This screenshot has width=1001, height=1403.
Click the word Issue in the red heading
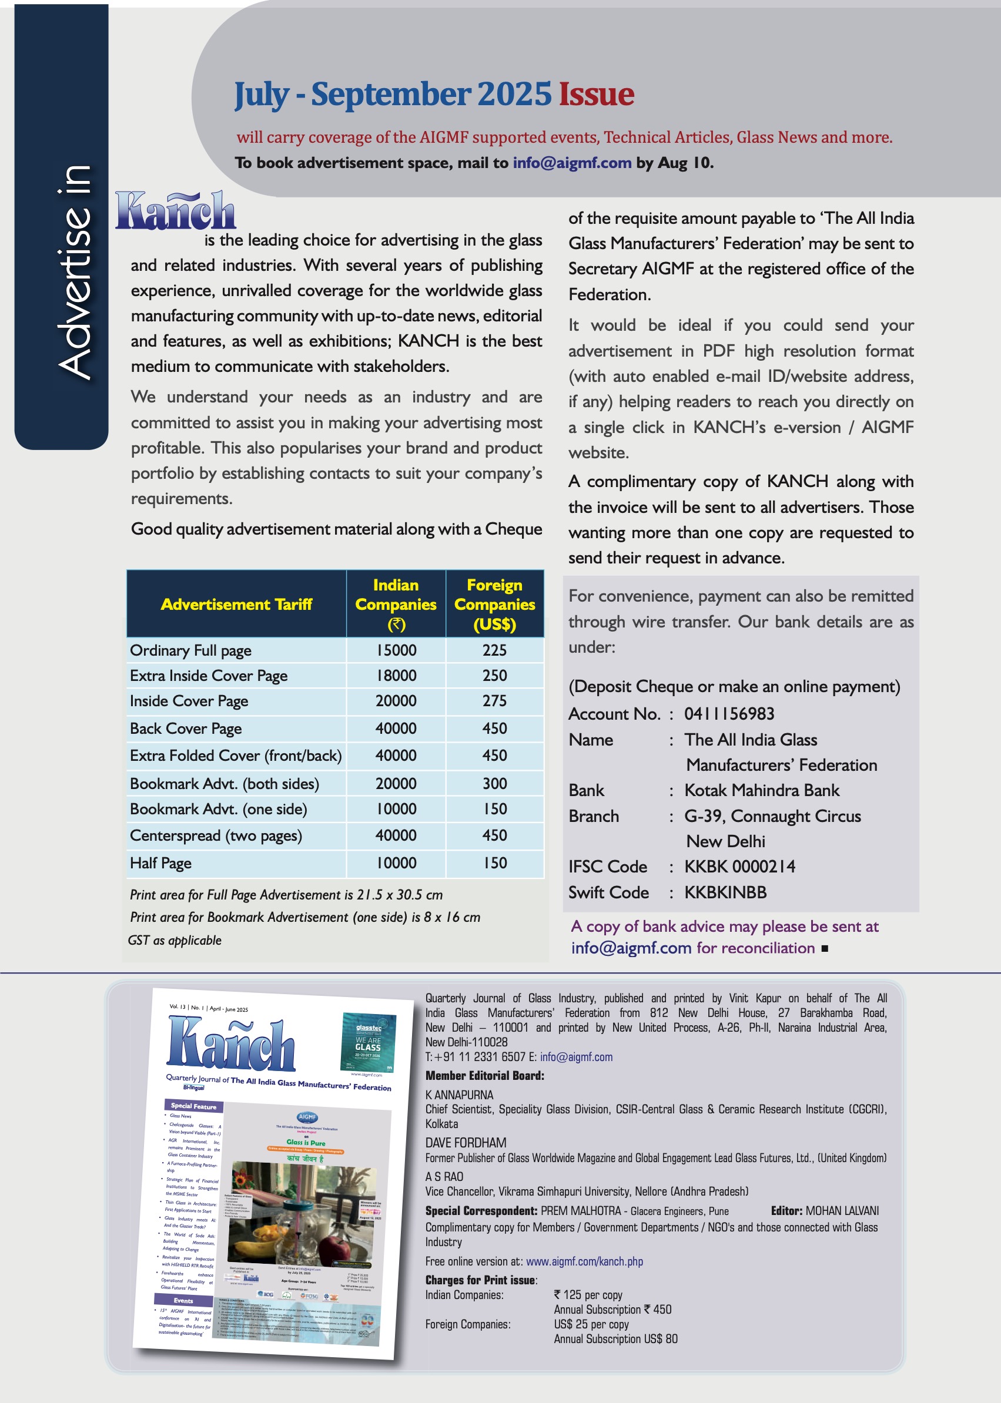(x=596, y=94)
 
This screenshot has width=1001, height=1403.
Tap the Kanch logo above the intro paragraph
(x=176, y=211)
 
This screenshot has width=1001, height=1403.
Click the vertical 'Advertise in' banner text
(x=75, y=271)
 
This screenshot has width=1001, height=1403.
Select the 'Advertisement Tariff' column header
(x=236, y=604)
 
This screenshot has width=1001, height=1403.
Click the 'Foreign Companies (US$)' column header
(x=494, y=604)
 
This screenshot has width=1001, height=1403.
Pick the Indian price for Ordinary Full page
(x=396, y=650)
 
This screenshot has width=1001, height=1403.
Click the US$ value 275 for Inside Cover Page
(x=494, y=700)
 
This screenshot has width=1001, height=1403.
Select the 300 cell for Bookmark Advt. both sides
(x=494, y=783)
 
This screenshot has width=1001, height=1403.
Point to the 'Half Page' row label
(x=160, y=862)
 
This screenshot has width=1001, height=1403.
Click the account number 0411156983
(x=729, y=713)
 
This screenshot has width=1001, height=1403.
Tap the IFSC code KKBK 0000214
(x=739, y=867)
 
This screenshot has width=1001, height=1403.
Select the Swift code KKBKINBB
(x=725, y=892)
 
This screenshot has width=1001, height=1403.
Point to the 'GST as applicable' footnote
(x=175, y=940)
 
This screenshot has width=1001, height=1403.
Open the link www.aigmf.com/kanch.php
(x=584, y=1261)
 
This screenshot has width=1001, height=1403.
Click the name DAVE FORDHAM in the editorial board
(x=466, y=1142)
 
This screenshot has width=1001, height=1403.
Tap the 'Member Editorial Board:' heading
(x=484, y=1075)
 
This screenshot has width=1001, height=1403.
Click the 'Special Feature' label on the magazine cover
(x=193, y=1106)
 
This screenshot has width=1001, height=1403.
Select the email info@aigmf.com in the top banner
(x=572, y=163)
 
